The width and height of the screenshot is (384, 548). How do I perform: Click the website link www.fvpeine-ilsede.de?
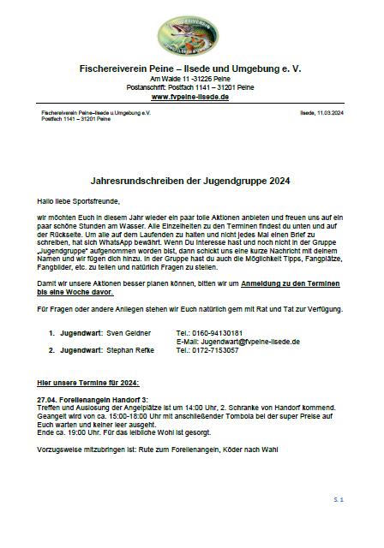pos(190,97)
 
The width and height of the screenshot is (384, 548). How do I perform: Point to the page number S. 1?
pos(339,498)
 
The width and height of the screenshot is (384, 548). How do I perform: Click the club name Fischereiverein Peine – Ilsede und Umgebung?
pos(190,67)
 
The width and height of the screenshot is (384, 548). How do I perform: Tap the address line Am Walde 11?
pos(190,78)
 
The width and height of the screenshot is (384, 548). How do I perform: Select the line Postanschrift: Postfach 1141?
pos(190,86)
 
